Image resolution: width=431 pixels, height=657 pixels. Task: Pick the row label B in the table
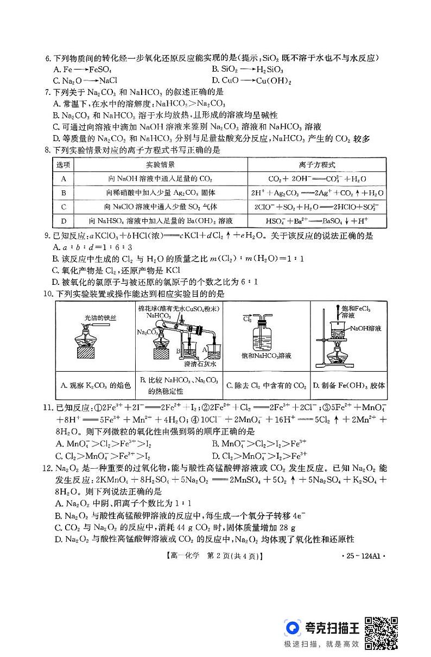[64, 193]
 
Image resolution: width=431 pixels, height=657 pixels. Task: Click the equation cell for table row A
[317, 178]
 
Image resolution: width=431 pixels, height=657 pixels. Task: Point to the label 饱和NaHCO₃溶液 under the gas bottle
[267, 356]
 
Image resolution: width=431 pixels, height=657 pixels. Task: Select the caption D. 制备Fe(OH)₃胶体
[349, 386]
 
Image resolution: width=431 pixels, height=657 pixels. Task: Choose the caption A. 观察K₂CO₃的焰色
[96, 386]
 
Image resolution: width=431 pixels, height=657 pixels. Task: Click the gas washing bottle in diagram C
[265, 335]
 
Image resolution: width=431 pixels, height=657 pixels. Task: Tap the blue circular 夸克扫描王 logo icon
[294, 628]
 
